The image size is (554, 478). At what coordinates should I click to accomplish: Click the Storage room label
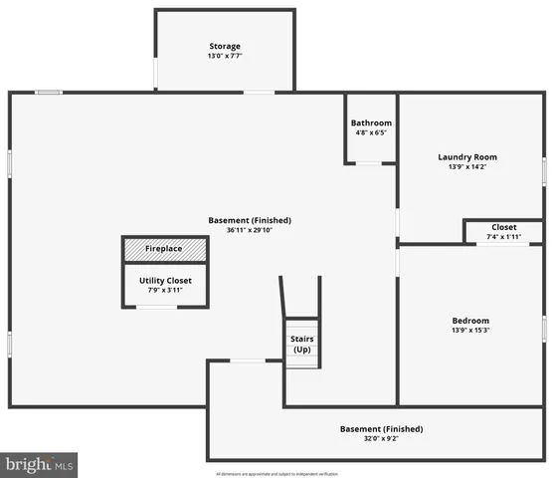(x=224, y=47)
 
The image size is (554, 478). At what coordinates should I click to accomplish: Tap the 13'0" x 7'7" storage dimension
(x=224, y=57)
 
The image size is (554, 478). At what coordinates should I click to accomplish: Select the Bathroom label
(x=371, y=123)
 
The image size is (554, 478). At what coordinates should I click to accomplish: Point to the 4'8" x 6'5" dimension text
(x=371, y=133)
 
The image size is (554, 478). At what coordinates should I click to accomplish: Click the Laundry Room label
(x=467, y=157)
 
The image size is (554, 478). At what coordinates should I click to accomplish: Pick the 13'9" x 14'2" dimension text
(x=467, y=167)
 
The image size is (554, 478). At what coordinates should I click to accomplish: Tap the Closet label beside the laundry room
(x=503, y=227)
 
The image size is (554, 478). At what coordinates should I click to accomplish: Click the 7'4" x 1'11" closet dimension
(x=503, y=237)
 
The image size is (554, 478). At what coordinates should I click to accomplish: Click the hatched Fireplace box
(x=164, y=249)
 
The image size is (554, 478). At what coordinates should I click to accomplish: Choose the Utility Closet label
(x=164, y=281)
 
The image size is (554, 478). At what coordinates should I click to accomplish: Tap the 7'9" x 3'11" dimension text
(x=164, y=291)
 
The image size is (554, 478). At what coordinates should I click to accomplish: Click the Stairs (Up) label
(x=302, y=345)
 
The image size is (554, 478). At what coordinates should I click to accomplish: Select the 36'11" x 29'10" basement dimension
(x=250, y=230)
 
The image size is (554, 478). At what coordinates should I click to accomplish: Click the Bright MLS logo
(x=40, y=464)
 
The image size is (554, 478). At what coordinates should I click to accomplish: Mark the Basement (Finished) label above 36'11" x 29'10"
(x=250, y=220)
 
